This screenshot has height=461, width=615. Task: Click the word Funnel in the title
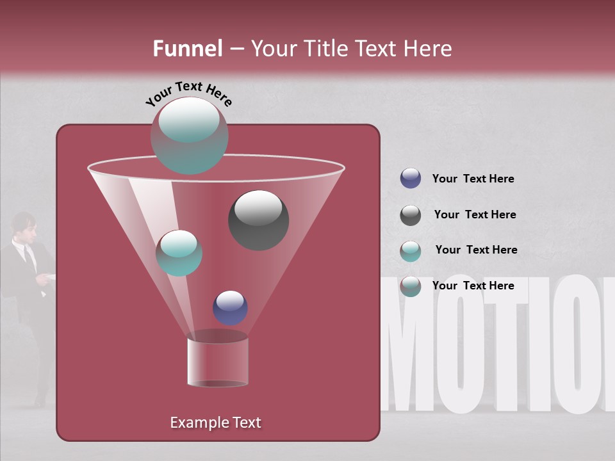(x=187, y=49)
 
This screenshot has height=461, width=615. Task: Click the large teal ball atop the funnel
(x=189, y=135)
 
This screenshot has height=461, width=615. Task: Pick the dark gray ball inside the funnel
(x=258, y=220)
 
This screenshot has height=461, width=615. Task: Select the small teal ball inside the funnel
(x=179, y=253)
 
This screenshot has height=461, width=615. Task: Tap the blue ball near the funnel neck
(x=230, y=307)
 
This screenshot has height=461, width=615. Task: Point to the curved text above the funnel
(x=188, y=93)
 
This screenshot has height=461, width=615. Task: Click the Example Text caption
(x=215, y=423)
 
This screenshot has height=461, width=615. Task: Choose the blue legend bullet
(x=410, y=179)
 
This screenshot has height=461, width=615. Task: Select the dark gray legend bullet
(x=410, y=215)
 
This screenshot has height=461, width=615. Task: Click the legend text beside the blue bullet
(x=473, y=179)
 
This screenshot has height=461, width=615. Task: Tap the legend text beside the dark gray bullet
(x=475, y=214)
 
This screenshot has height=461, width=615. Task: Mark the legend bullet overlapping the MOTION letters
(x=410, y=286)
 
